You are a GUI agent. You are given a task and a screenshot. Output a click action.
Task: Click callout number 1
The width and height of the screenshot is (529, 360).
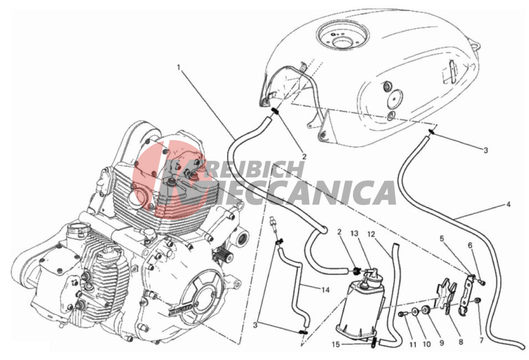[x=179, y=67]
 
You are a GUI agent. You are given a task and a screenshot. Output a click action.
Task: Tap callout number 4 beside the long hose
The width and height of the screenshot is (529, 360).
[x=508, y=204]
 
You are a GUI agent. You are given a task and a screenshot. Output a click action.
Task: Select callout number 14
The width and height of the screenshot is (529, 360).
[x=325, y=290]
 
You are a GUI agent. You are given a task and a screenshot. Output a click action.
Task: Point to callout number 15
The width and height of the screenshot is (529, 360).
[x=336, y=344]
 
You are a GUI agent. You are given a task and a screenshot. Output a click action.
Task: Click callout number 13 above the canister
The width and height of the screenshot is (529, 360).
[x=355, y=234]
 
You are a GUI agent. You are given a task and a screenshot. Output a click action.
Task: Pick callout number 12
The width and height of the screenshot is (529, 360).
[x=371, y=234]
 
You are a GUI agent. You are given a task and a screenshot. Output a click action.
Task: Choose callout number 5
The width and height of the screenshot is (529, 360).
[x=441, y=239]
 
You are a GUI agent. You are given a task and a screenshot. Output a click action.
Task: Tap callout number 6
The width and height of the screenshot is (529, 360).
[x=470, y=246]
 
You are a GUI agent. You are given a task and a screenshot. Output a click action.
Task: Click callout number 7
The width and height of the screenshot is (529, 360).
[x=481, y=340]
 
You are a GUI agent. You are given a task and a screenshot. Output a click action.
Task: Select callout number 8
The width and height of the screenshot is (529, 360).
[x=461, y=342]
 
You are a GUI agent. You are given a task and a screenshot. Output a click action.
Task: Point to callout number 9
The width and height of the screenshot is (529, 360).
[x=441, y=343]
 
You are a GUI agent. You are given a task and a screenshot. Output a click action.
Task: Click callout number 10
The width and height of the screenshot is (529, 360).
[x=427, y=344]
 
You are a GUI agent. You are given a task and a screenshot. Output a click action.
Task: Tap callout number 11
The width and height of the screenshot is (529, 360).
[x=413, y=344]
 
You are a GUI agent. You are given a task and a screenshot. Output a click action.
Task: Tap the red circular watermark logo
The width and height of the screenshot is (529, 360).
[x=169, y=179]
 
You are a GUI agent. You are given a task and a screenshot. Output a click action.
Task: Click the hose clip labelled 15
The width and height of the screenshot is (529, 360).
[x=374, y=342]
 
